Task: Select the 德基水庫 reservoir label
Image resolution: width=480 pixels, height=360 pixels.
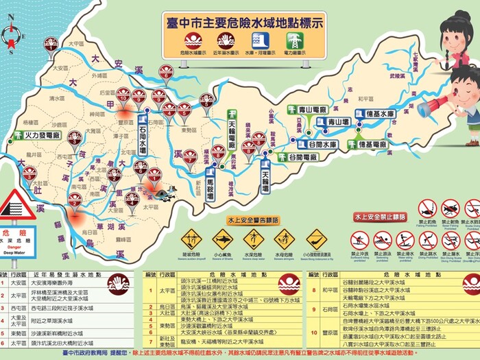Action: (375, 114)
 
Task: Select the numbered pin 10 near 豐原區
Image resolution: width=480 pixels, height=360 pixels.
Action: (123, 95)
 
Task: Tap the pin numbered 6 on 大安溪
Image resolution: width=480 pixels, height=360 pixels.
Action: (166, 71)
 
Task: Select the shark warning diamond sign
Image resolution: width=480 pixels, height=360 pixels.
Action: (223, 239)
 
